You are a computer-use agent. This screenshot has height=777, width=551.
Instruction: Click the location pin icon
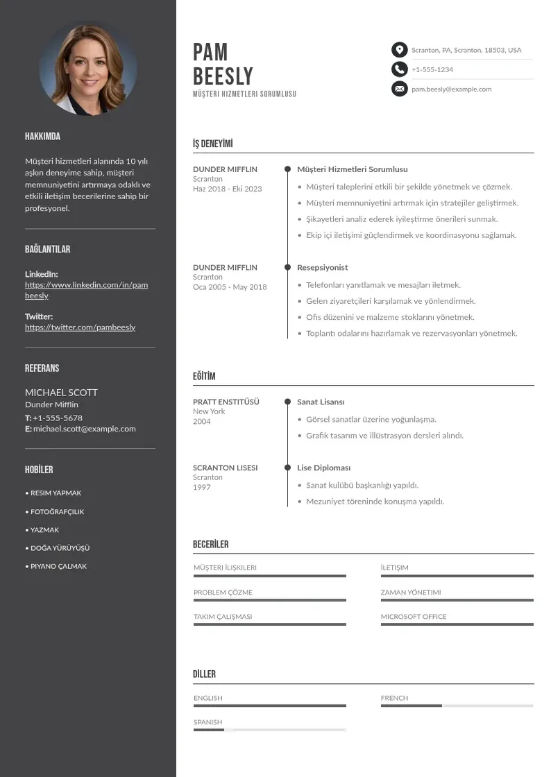(399, 50)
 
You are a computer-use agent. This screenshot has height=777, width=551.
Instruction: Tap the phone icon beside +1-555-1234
(399, 69)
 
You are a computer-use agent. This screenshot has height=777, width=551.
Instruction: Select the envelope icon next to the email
(399, 89)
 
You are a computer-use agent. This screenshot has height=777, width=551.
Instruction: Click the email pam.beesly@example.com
(451, 89)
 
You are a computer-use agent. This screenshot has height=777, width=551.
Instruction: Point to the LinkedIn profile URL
(86, 290)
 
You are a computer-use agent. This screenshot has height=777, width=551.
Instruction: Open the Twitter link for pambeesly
(80, 327)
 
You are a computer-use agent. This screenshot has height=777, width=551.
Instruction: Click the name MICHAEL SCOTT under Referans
(61, 392)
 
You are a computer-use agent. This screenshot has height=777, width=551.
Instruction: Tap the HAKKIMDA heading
(42, 137)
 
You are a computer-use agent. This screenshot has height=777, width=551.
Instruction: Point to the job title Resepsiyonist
(322, 267)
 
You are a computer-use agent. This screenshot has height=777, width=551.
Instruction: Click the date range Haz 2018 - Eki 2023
(227, 189)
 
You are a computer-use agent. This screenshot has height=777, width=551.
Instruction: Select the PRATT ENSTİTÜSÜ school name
(226, 402)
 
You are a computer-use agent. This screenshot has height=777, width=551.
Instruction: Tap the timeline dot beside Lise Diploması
(287, 468)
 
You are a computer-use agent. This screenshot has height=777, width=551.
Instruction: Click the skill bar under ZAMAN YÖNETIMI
(457, 600)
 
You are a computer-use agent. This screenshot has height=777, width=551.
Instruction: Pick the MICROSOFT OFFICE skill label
(414, 616)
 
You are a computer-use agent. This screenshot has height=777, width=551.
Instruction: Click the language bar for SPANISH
(269, 730)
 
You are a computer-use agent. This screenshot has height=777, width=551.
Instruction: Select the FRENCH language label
(394, 698)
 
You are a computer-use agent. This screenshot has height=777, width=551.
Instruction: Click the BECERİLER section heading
(210, 545)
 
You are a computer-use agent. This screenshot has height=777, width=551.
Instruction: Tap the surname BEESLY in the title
(223, 76)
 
